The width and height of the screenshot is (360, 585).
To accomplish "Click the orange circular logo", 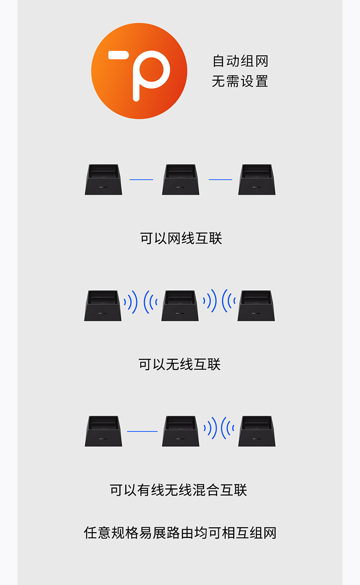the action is (x=139, y=71).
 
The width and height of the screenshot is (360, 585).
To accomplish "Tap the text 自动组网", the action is (x=240, y=61).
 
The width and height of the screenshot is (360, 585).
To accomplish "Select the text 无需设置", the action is (x=240, y=81).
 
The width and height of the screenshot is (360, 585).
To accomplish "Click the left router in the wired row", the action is (x=103, y=180).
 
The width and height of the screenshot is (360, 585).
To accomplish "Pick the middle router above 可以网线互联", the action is (x=180, y=180).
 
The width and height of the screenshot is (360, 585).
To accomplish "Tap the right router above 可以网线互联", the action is (x=257, y=180).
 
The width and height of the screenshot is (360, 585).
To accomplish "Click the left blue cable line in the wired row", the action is (x=141, y=180).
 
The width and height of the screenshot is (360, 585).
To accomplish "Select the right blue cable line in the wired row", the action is (x=220, y=180).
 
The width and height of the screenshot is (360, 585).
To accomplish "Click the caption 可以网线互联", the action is (x=181, y=238).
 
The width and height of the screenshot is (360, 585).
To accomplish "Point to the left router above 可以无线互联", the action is (x=103, y=305).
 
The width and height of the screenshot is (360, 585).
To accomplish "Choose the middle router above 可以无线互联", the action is (x=180, y=305).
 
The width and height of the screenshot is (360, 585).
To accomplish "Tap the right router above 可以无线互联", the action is (x=256, y=305).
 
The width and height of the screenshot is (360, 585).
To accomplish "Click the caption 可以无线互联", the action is (x=180, y=365).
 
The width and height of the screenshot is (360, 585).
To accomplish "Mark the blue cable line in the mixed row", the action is (x=142, y=431).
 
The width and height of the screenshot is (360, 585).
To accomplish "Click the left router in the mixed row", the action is (x=103, y=431).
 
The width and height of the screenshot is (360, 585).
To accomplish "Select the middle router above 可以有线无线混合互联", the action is (x=180, y=431).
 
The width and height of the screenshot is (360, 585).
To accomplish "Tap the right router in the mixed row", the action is (x=257, y=431).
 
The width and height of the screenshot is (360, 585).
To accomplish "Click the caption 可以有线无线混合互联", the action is (x=178, y=490).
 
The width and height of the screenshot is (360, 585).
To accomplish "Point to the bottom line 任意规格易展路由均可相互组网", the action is (x=180, y=533).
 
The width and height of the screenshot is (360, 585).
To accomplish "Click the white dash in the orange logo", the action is (x=119, y=55).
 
